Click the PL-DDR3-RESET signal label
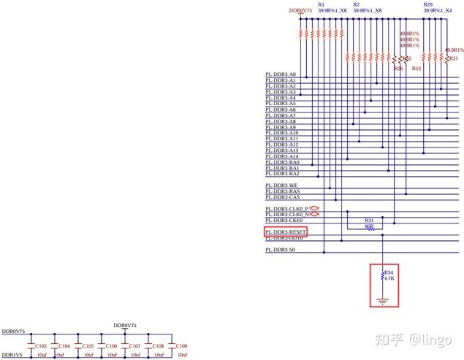click(x=286, y=231)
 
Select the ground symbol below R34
click(x=381, y=301)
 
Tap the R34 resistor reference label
click(x=388, y=272)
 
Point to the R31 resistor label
click(x=369, y=220)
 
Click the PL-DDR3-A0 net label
click(x=281, y=74)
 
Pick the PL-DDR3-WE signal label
click(x=281, y=185)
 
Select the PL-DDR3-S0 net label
click(x=281, y=250)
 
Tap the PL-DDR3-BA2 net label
click(x=282, y=174)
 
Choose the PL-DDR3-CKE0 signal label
click(x=284, y=220)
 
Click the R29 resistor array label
click(x=427, y=4)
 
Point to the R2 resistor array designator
click(x=356, y=4)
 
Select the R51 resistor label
click(x=454, y=58)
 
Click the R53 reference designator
click(x=417, y=68)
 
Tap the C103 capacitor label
click(x=41, y=346)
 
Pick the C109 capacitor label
click(x=182, y=346)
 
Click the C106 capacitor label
click(x=112, y=346)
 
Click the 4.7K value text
click(x=389, y=278)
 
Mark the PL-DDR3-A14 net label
click(x=281, y=156)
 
